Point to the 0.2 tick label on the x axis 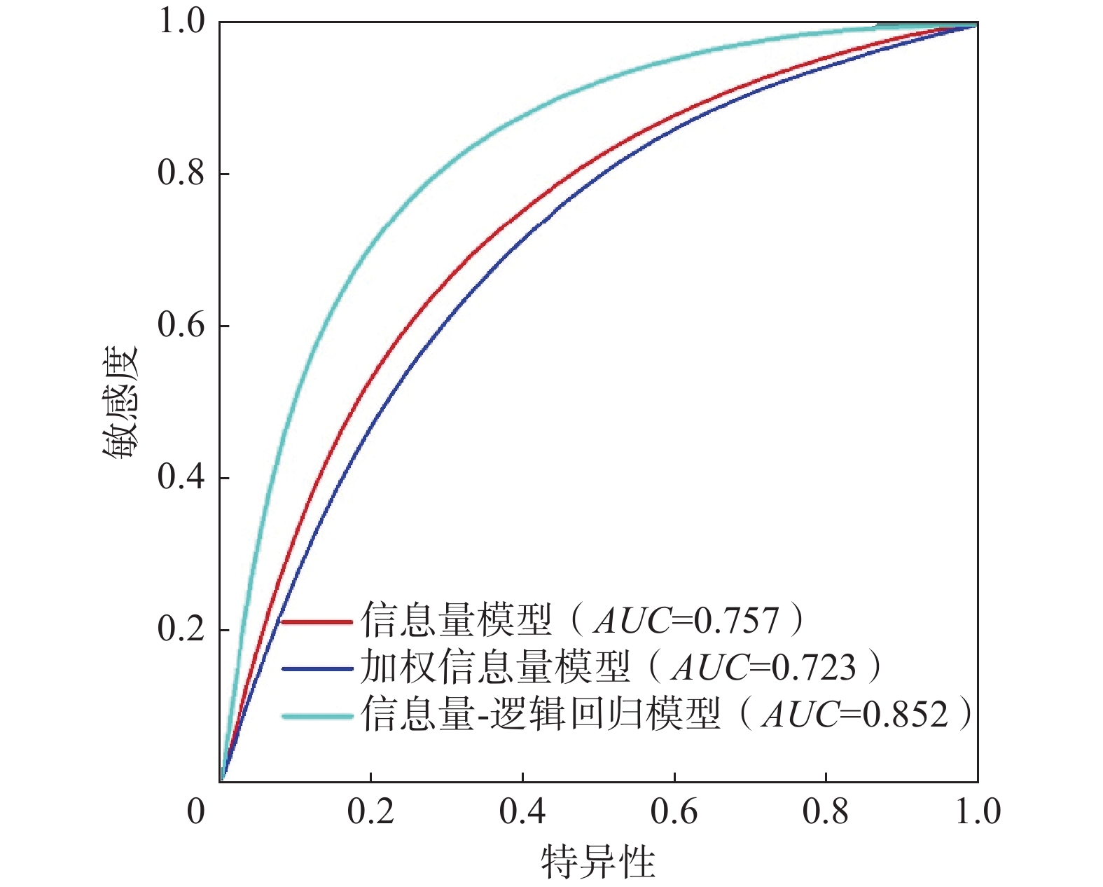370,812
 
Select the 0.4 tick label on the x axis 522,812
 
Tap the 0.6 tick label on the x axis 674,812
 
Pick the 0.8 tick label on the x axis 826,812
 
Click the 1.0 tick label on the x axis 978,812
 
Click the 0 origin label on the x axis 196,812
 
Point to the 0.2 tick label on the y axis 181,628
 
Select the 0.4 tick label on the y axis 181,477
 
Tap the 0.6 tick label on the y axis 181,325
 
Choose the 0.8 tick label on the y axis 181,173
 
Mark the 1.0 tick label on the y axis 181,22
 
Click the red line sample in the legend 317,621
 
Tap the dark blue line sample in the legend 317,669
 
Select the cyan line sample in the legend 317,716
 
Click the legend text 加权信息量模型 494,668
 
